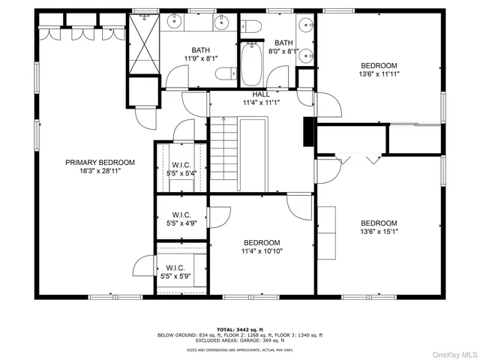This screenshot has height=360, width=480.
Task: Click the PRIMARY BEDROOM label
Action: [x=100, y=162]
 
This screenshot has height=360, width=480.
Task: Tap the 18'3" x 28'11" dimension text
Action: [x=100, y=171]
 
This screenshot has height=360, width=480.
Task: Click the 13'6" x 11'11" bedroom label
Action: [x=379, y=70]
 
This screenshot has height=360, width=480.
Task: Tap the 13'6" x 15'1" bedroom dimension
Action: [x=379, y=232]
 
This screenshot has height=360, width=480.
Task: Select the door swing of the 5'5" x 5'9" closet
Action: [x=144, y=265]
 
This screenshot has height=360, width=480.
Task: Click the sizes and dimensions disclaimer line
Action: [x=240, y=349]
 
